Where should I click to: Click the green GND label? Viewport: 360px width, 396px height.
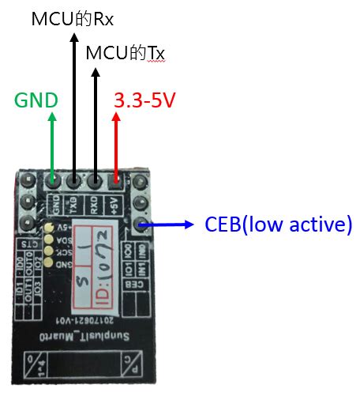[x=36, y=101]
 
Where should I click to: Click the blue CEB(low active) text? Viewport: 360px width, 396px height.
[x=277, y=224]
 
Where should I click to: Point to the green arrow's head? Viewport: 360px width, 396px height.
[x=53, y=117]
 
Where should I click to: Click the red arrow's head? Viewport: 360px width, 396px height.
[x=117, y=117]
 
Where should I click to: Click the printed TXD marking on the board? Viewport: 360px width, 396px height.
[x=73, y=205]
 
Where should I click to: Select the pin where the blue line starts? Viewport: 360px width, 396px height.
[x=141, y=226]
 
